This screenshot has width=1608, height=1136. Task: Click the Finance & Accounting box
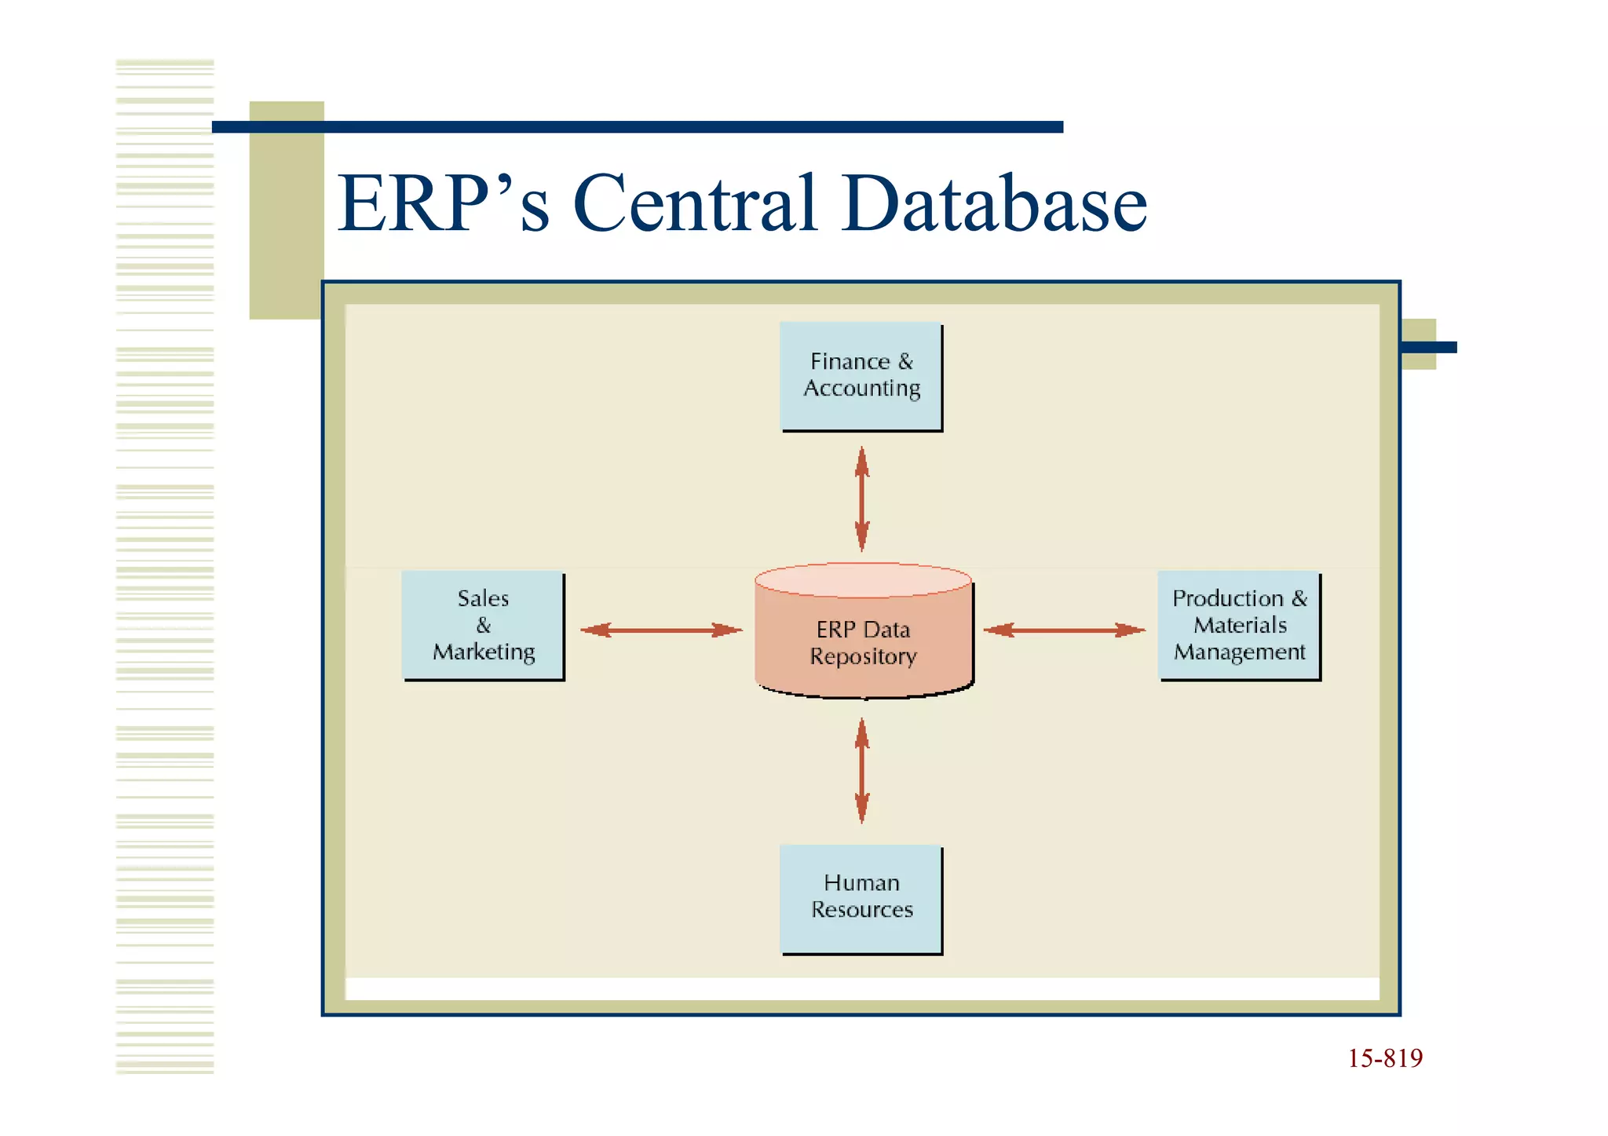click(861, 375)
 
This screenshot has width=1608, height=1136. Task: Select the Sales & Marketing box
click(483, 625)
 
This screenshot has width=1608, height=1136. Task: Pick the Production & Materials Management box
click(1239, 625)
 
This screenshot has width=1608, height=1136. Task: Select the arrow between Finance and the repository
click(862, 499)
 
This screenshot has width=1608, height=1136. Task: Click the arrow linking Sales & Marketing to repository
click(661, 630)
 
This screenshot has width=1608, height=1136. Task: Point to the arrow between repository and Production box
click(1064, 630)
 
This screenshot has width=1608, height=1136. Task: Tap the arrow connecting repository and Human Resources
click(862, 771)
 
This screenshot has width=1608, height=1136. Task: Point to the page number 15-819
click(1385, 1058)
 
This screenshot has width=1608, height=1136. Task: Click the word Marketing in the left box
click(484, 652)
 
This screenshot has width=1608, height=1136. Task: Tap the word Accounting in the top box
click(861, 389)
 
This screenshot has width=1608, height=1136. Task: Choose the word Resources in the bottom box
click(862, 910)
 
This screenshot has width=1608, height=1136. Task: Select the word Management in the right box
click(1239, 652)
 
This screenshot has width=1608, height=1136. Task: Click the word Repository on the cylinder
click(863, 656)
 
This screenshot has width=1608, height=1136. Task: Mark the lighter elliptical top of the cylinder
click(863, 580)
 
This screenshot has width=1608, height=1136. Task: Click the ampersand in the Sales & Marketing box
click(483, 626)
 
